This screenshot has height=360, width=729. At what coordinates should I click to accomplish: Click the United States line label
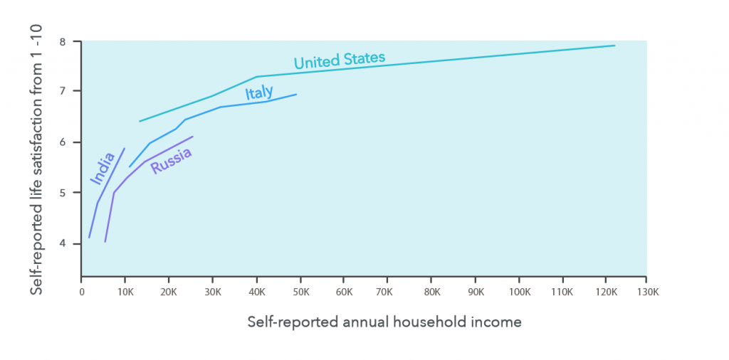pos(340,60)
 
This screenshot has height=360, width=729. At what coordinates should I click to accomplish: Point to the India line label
pos(103,168)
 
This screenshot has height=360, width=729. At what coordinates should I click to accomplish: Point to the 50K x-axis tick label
pos(301,292)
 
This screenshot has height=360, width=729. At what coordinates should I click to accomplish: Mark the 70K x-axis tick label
pos(388,292)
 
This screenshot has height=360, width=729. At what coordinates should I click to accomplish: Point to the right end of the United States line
pos(614,46)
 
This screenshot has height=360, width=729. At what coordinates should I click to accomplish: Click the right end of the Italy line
pos(296,95)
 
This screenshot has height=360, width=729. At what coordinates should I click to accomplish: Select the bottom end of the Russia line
pos(105,242)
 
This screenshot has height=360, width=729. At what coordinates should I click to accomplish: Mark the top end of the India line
pos(125,148)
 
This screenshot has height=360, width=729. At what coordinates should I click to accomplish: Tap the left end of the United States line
pos(140,121)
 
